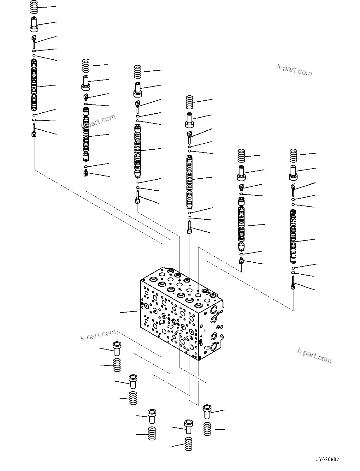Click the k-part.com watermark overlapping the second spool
[x=98, y=122]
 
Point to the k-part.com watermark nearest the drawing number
[x=314, y=355]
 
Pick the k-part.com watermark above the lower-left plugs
[x=98, y=335]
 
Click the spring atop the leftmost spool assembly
[x=34, y=7]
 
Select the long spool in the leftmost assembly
[x=34, y=85]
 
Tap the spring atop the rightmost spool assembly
[x=293, y=155]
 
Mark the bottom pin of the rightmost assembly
[x=293, y=283]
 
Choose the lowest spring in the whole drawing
[x=189, y=444]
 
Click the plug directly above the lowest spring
[x=188, y=426]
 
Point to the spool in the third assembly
[x=138, y=151]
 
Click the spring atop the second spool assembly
[x=86, y=66]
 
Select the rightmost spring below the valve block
[x=207, y=429]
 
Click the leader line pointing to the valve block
[x=130, y=312]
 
